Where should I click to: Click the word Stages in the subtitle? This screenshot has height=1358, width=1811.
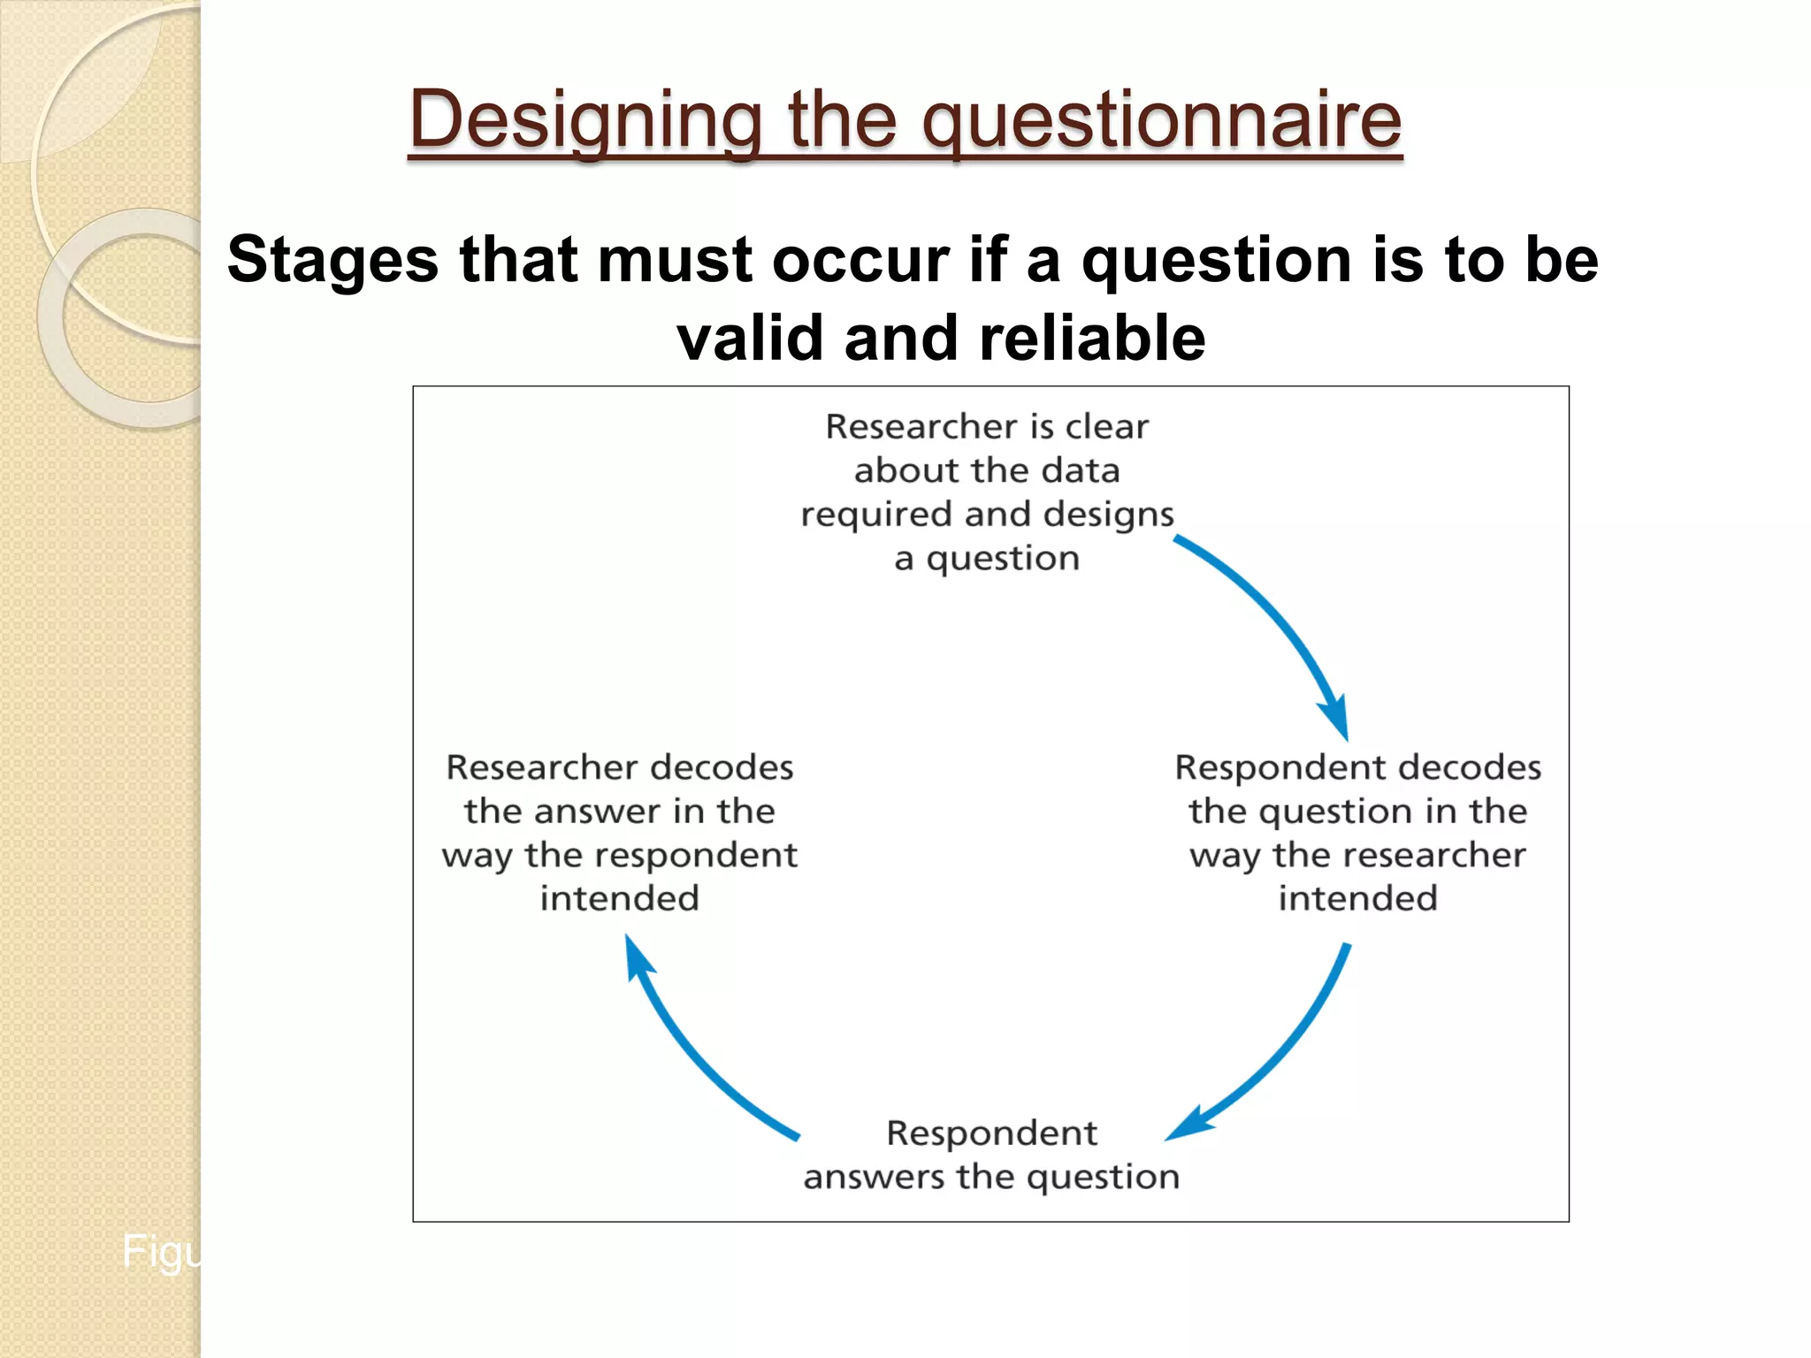[x=332, y=260]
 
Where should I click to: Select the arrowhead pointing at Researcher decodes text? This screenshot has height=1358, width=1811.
[x=634, y=955]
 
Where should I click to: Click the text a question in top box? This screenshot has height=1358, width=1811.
[x=987, y=559]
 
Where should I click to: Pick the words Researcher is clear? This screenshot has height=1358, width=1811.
[x=987, y=427]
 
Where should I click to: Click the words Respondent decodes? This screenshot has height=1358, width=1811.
[x=1357, y=767]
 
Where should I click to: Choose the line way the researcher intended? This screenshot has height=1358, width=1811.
[x=1357, y=855]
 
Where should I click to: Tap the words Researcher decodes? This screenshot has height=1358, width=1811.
[x=619, y=767]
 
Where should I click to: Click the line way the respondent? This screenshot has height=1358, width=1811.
[x=619, y=855]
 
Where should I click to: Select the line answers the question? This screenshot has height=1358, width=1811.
[x=991, y=1177]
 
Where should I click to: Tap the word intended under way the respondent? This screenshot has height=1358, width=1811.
[x=619, y=898]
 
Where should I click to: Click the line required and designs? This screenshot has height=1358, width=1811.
[x=987, y=515]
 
